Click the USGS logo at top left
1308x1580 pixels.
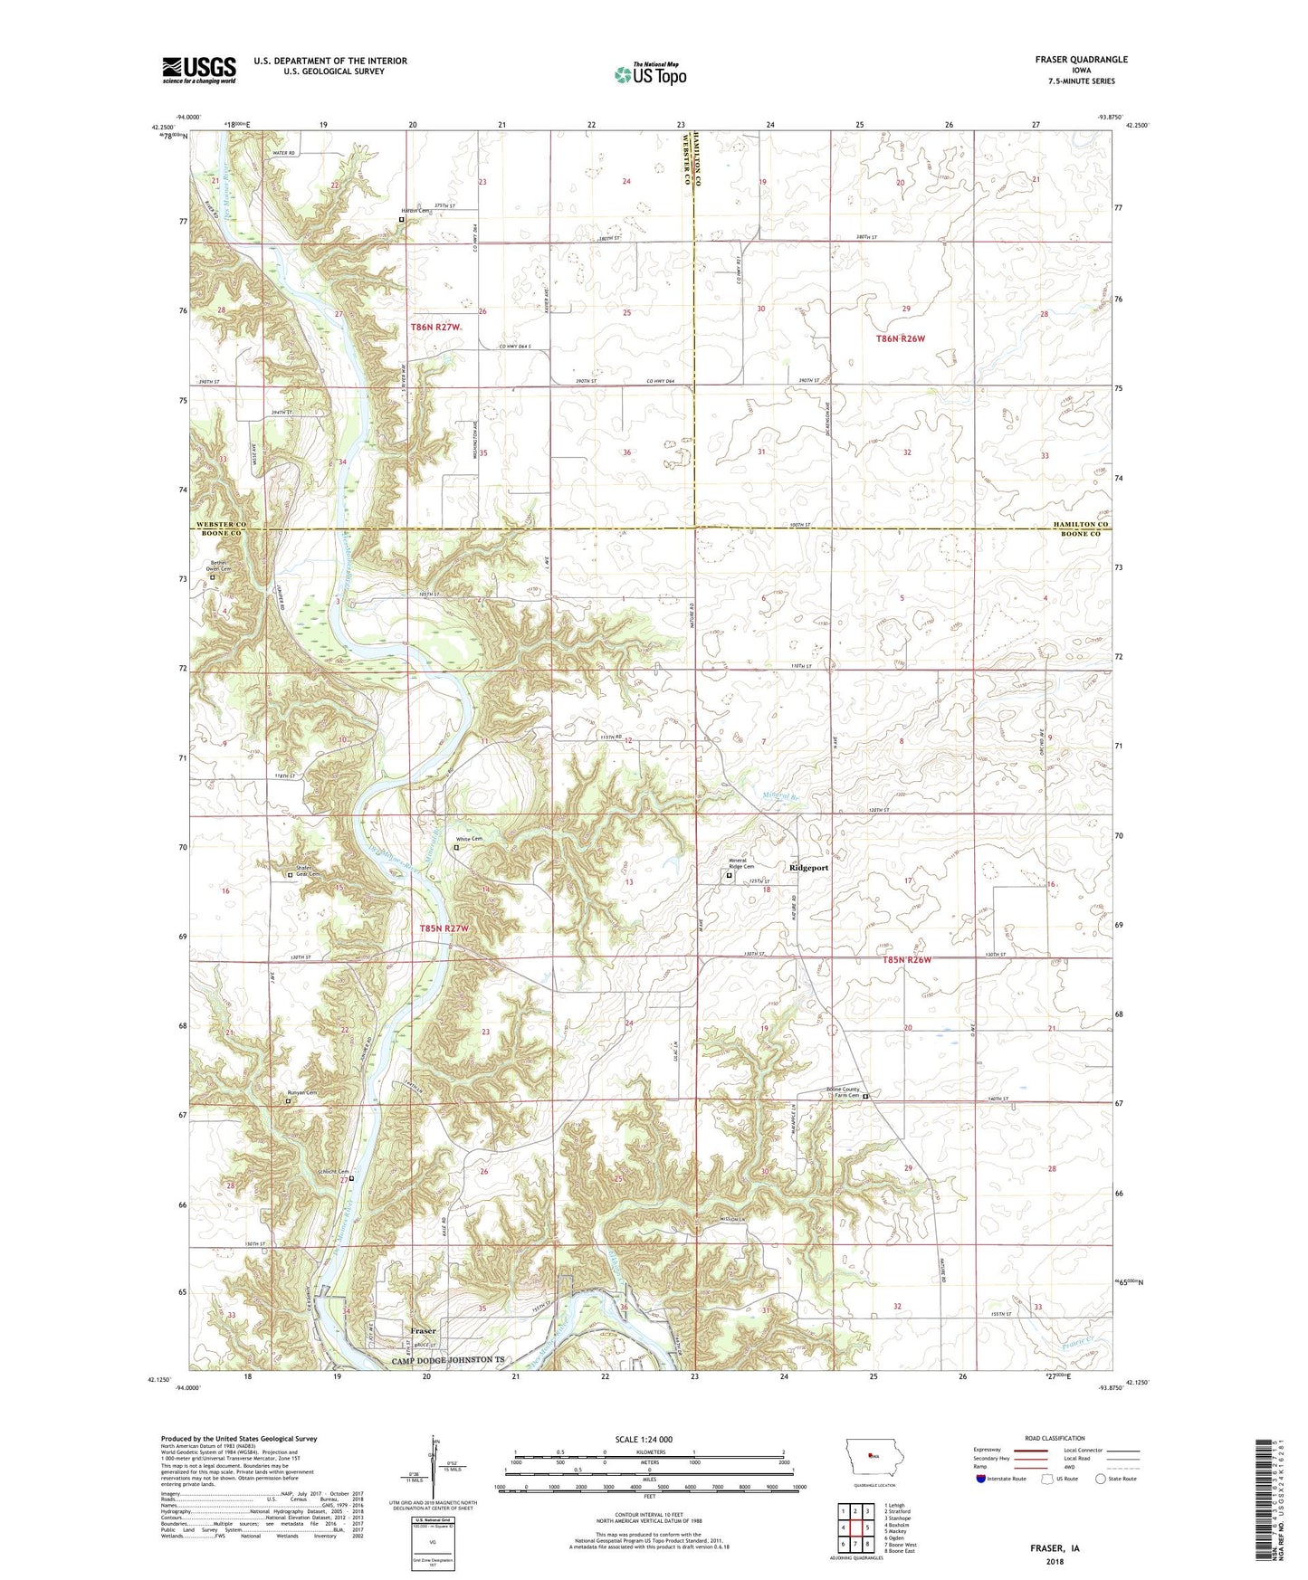pyautogui.click(x=199, y=70)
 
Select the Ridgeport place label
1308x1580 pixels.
pyautogui.click(x=808, y=868)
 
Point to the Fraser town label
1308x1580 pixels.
pyautogui.click(x=423, y=1331)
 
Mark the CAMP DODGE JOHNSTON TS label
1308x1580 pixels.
pyautogui.click(x=446, y=1360)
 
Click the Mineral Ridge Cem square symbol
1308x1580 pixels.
pyautogui.click(x=730, y=875)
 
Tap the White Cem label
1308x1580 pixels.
pyautogui.click(x=469, y=840)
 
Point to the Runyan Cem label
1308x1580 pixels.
pyautogui.click(x=302, y=1093)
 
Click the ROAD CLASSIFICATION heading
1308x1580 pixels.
pyautogui.click(x=1055, y=1438)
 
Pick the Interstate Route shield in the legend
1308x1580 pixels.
pyautogui.click(x=981, y=1480)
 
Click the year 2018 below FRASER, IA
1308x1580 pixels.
pyautogui.click(x=1055, y=1562)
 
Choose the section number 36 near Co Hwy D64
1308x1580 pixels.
pyautogui.click(x=626, y=452)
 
